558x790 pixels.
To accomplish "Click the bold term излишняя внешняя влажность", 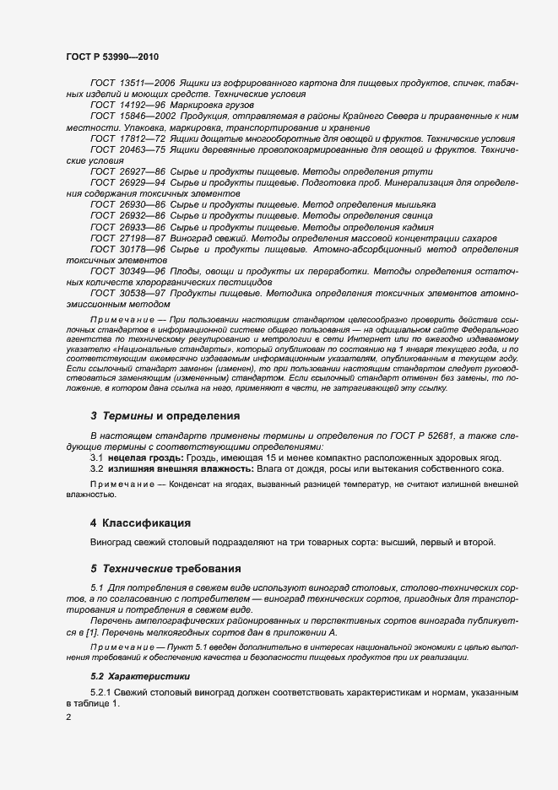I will coord(180,468).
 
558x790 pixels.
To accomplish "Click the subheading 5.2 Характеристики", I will coord(141,676).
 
